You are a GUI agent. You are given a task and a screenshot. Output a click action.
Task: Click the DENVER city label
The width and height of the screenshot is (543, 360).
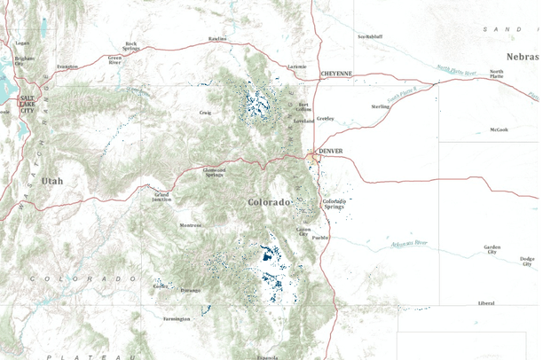tap(330, 151)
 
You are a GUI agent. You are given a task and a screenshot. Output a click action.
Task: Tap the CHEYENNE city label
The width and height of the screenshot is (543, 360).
tap(337, 74)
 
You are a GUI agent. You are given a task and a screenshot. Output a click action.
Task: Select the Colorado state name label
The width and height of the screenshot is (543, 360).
tap(269, 203)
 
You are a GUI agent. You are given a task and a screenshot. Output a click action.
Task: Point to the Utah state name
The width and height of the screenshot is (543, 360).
tap(52, 181)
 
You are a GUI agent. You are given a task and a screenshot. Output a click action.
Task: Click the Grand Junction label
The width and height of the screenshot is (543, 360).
tap(161, 196)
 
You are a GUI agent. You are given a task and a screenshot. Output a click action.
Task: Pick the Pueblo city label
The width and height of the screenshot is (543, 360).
tap(320, 237)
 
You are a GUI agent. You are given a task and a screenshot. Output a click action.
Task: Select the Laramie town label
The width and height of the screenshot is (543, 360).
tap(297, 67)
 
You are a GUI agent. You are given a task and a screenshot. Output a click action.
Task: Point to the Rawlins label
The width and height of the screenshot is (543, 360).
tap(217, 39)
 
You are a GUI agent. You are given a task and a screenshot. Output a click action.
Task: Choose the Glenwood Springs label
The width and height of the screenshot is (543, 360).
tap(215, 170)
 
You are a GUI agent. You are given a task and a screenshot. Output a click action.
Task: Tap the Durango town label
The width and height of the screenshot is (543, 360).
tap(191, 290)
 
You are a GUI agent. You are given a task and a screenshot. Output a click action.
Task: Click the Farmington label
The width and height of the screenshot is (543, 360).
tap(177, 317)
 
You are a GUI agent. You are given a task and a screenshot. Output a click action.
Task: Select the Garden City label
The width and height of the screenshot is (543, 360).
tap(492, 249)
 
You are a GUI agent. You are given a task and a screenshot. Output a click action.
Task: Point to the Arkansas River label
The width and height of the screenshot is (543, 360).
tap(409, 242)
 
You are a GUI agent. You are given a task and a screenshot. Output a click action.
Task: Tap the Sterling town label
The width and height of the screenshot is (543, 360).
tap(381, 106)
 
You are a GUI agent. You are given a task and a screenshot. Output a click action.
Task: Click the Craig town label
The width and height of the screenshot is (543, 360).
tap(205, 113)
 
